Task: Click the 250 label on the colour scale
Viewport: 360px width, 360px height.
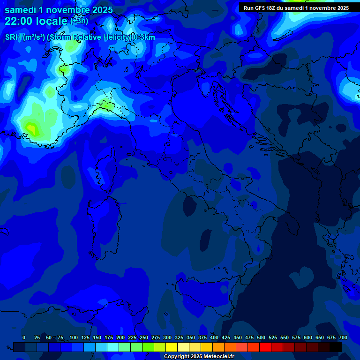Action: pos(144,337)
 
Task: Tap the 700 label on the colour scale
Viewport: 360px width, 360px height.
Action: pos(343,337)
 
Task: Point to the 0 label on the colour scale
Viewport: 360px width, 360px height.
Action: pos(24,337)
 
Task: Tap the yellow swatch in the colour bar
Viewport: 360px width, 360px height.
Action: pos(172,347)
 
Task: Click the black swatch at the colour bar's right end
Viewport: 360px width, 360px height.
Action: pos(336,347)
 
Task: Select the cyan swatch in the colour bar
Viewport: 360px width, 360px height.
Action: pos(113,347)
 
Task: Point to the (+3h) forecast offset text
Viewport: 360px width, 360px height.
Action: pos(79,21)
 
